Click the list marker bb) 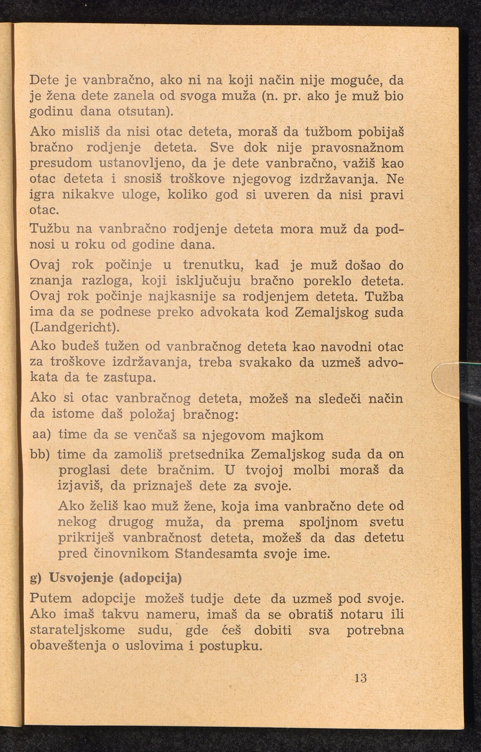click(40, 455)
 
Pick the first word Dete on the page click(44, 81)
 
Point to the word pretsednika click(206, 455)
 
